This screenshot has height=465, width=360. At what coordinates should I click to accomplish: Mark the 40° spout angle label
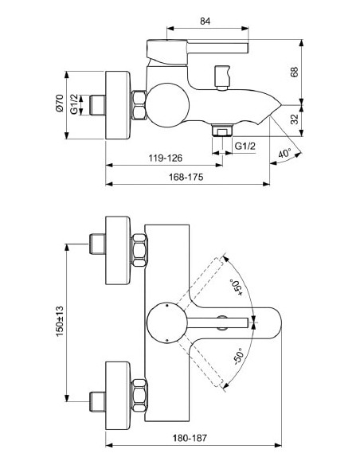[x=284, y=152]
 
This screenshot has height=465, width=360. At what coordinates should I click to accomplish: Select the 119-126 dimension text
[x=164, y=158]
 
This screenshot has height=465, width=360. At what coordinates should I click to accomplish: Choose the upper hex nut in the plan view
[x=139, y=248]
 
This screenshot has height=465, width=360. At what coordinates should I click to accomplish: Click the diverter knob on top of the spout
[x=222, y=77]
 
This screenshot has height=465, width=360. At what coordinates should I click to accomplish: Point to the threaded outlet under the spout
[x=222, y=128]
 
